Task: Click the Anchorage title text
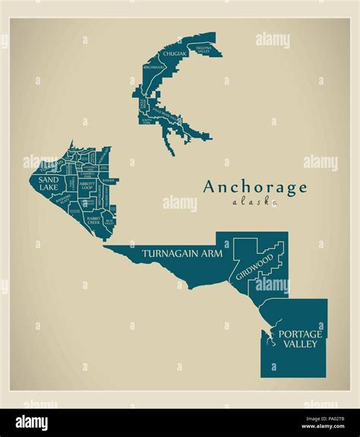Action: pyautogui.click(x=255, y=188)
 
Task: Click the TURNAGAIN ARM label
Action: pyautogui.click(x=182, y=253)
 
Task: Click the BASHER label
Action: pyautogui.click(x=109, y=181)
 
